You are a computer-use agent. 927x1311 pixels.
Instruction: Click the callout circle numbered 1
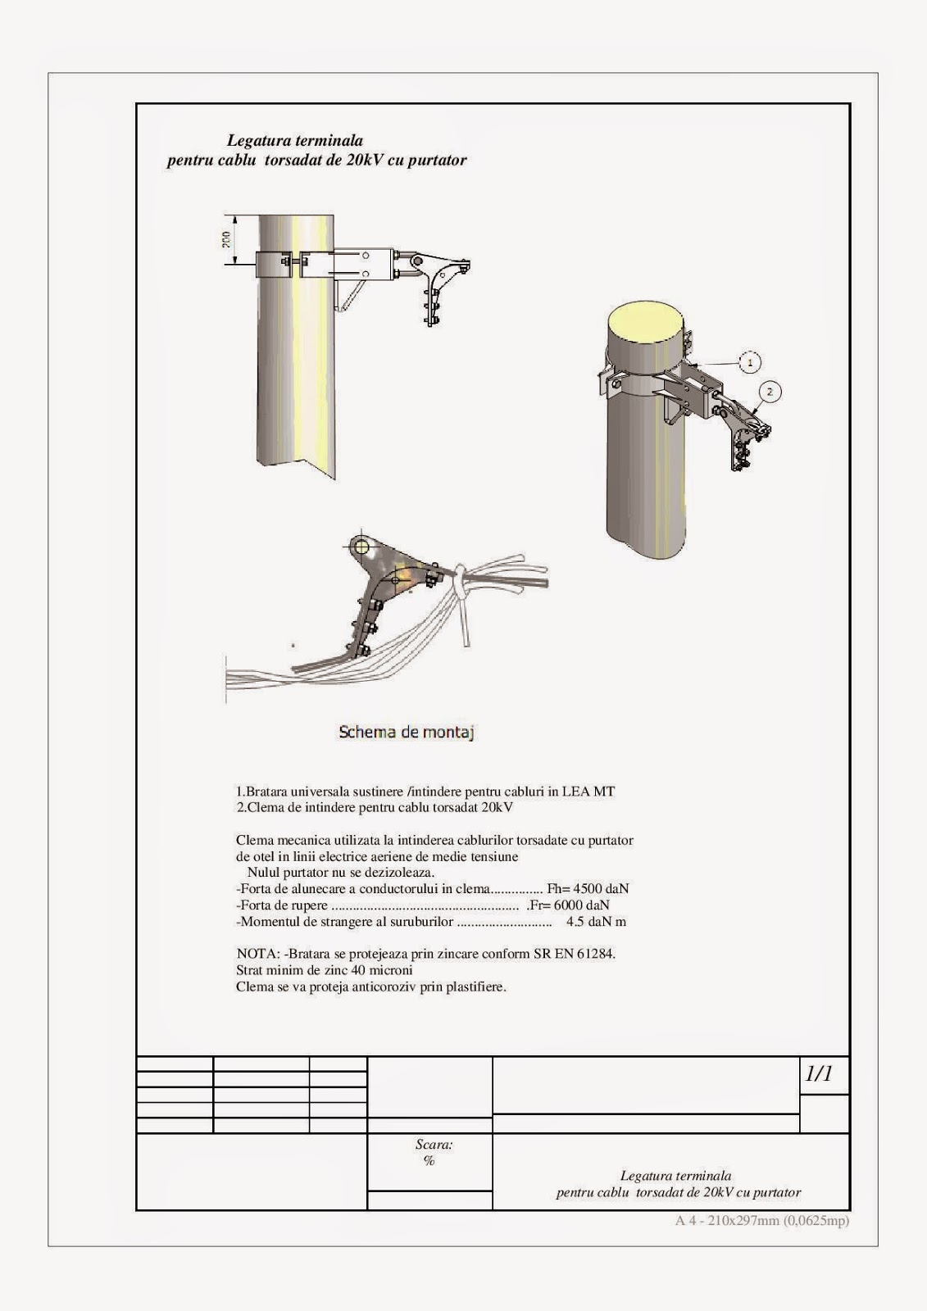(748, 361)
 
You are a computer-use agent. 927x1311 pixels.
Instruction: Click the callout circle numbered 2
(769, 392)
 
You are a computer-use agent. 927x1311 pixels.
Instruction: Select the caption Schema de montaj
(407, 732)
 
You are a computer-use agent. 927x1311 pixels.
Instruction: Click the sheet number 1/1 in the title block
(819, 1074)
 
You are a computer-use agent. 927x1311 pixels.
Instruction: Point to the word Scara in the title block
(434, 1145)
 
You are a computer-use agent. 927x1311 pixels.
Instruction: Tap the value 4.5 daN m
(596, 922)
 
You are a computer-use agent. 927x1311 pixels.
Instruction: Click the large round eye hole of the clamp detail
(361, 547)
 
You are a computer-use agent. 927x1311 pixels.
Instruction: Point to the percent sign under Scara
(429, 1161)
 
